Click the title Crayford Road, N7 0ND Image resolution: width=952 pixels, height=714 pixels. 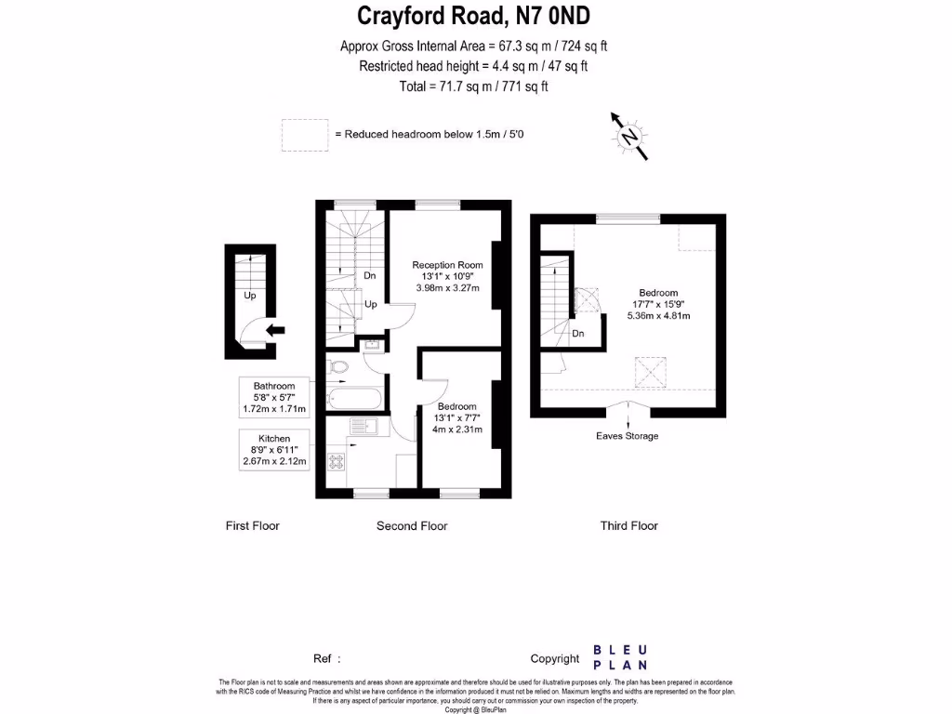474,17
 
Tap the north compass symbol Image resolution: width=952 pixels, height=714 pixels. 630,137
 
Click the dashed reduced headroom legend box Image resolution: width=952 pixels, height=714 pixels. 304,135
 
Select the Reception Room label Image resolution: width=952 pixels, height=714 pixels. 448,265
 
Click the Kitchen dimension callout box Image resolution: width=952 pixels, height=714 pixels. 274,449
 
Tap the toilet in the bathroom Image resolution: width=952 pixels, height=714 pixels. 337,367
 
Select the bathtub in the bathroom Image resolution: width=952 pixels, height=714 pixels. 353,400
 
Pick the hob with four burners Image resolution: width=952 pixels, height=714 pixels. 337,458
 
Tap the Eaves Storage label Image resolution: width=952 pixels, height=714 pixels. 628,436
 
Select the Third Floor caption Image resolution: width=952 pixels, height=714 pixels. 628,526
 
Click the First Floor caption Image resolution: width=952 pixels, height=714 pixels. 252,526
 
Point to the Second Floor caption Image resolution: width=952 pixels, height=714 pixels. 412,526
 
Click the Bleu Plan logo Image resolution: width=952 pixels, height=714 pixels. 620,657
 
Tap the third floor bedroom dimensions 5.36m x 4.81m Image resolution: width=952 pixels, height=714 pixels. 658,316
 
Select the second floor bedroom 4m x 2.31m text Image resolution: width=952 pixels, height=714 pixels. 457,430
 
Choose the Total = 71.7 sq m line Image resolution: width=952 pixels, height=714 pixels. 473,86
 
